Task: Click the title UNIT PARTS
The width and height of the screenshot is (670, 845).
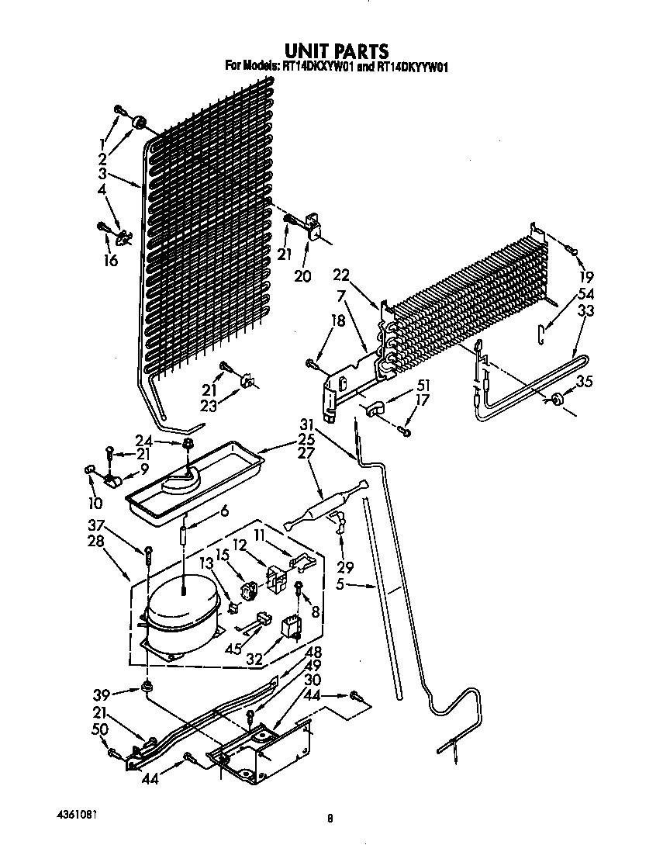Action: [335, 52]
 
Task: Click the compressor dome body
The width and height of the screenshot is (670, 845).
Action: [180, 606]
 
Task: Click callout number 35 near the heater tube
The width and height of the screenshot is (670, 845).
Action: [585, 380]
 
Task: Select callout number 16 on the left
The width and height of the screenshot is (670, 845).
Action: [110, 261]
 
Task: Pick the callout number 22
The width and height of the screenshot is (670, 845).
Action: [341, 275]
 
